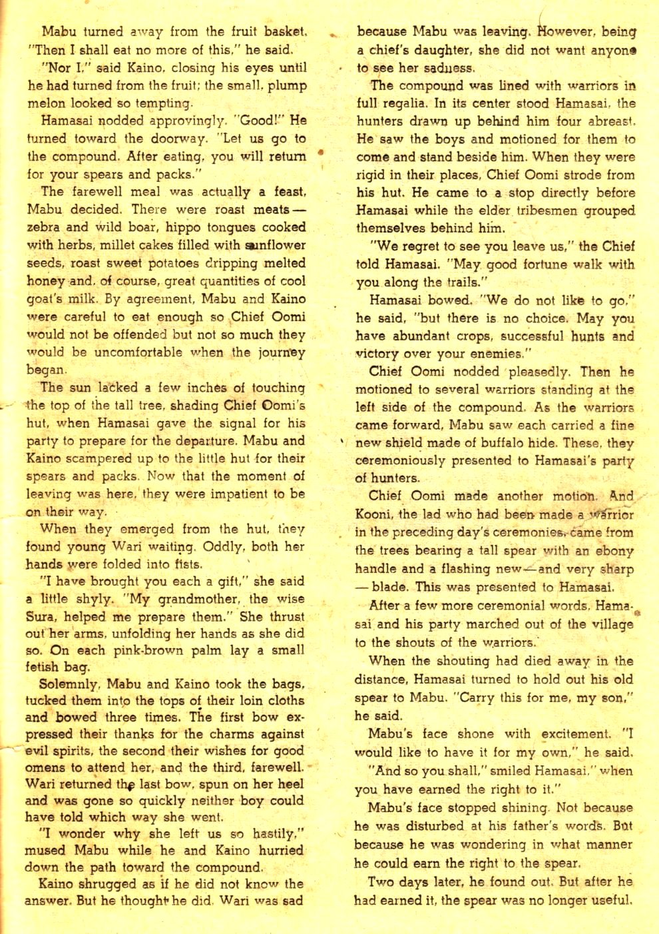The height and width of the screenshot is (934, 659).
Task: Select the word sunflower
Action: (274, 244)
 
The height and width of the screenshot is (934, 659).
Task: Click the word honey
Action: (46, 280)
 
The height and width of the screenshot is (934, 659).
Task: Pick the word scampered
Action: (100, 458)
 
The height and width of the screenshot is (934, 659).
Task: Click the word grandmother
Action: (197, 598)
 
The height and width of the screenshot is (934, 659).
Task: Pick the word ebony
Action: (612, 551)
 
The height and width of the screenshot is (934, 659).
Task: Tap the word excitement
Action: (575, 734)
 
